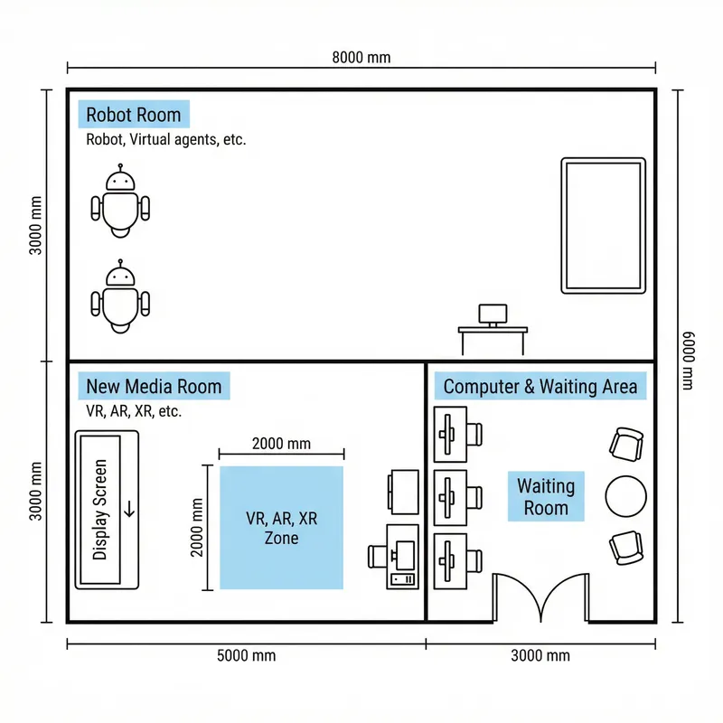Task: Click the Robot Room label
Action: (x=134, y=115)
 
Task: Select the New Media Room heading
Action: (x=154, y=387)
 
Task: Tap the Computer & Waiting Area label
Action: (x=540, y=387)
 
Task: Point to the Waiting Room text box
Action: (x=546, y=496)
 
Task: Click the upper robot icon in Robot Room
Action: (x=120, y=202)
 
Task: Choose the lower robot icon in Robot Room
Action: (x=120, y=297)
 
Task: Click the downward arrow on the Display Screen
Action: (x=128, y=508)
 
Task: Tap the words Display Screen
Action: (x=101, y=509)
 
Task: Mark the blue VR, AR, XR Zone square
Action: (x=282, y=528)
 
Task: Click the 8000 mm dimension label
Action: (x=361, y=57)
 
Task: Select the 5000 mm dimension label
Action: (x=247, y=655)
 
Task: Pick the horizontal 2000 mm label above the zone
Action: (x=281, y=444)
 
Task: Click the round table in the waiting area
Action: (x=625, y=495)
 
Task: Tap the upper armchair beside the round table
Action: (x=626, y=444)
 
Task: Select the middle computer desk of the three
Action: (x=456, y=496)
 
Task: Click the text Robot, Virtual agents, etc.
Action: (x=165, y=140)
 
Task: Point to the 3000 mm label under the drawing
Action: (x=540, y=655)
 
